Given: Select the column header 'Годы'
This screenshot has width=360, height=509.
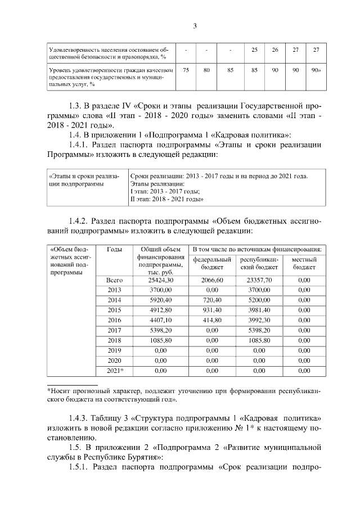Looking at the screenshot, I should (114, 249).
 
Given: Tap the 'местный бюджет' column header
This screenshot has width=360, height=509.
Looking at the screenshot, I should (304, 263).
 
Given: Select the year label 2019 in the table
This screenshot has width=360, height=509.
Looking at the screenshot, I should (114, 350).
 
